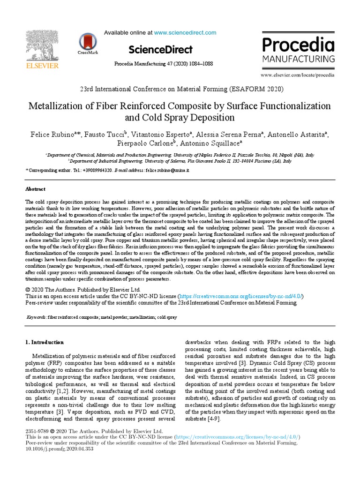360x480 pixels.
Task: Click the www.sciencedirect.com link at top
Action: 185,33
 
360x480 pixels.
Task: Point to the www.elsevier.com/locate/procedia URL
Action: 297,75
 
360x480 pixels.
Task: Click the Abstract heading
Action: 35,189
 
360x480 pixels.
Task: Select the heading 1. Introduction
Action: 44,342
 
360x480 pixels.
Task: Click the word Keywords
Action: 36,317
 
